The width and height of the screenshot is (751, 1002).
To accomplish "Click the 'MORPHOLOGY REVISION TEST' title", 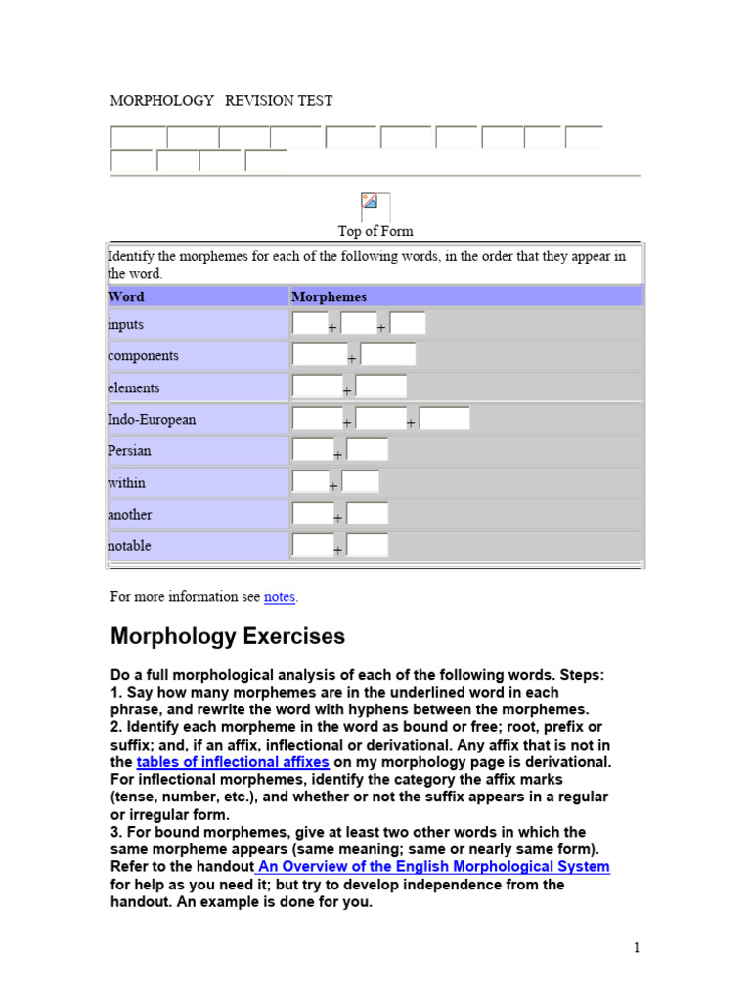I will click(x=221, y=100).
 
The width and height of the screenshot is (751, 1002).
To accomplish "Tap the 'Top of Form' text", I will click(x=375, y=231).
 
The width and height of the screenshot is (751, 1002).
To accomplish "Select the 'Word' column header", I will click(x=126, y=296).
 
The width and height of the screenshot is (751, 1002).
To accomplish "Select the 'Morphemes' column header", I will click(x=330, y=296).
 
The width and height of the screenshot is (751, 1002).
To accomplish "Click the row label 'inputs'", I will click(x=126, y=324).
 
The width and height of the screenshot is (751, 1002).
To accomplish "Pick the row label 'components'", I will click(x=143, y=356).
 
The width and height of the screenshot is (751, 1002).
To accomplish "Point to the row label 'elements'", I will click(x=134, y=387).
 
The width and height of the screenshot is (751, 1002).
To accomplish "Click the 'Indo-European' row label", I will click(x=152, y=419).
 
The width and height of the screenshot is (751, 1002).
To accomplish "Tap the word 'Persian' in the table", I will click(x=130, y=451).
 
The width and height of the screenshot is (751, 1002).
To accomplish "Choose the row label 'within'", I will click(x=127, y=482).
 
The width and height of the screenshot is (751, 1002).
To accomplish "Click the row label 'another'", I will click(x=130, y=514).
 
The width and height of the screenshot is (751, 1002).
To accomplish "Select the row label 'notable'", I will click(x=129, y=546).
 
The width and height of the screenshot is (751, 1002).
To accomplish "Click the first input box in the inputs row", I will click(x=308, y=323).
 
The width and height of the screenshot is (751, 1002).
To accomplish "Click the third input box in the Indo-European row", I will click(x=444, y=419).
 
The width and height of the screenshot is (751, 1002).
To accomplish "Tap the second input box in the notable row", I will click(x=368, y=545).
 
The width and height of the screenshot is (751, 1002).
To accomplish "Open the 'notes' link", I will click(x=280, y=597).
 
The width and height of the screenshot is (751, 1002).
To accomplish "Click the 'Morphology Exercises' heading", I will click(x=228, y=636).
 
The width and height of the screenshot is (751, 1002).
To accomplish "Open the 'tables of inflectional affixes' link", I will click(x=233, y=762).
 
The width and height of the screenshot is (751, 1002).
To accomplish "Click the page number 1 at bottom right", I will click(x=636, y=947).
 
